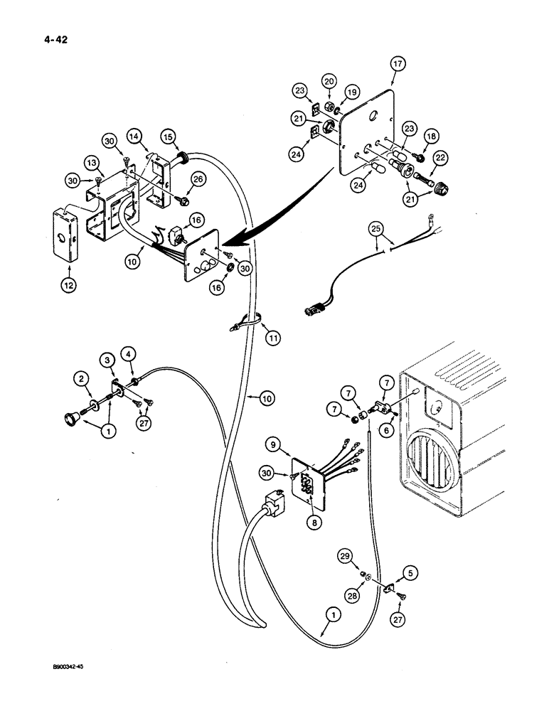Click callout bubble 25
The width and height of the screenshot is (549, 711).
[375, 228]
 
